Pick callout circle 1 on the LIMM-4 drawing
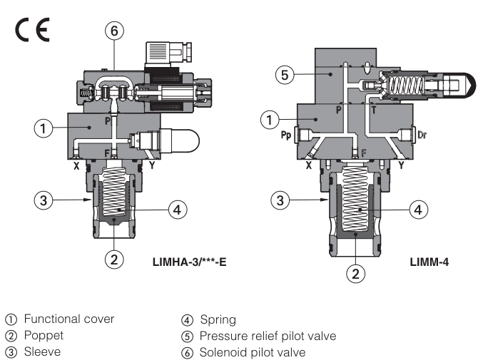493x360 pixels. tap(269, 120)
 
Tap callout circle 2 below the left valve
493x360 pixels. tap(113, 258)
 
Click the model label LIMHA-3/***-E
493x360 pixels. tap(189, 262)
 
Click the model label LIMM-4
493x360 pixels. tap(429, 262)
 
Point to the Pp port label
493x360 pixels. tap(285, 133)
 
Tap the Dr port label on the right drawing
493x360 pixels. tap(426, 133)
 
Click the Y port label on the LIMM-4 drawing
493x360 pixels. tap(402, 165)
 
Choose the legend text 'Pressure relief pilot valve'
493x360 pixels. tap(268, 336)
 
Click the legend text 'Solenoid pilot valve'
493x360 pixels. tap(253, 351)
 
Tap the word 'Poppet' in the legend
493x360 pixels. tap(44, 336)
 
